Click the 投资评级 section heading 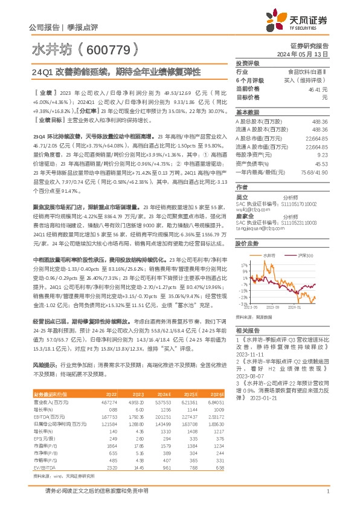tap(247, 63)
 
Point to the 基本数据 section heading tap(247, 112)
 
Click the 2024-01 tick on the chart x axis tap(295, 308)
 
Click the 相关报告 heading tap(247, 330)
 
